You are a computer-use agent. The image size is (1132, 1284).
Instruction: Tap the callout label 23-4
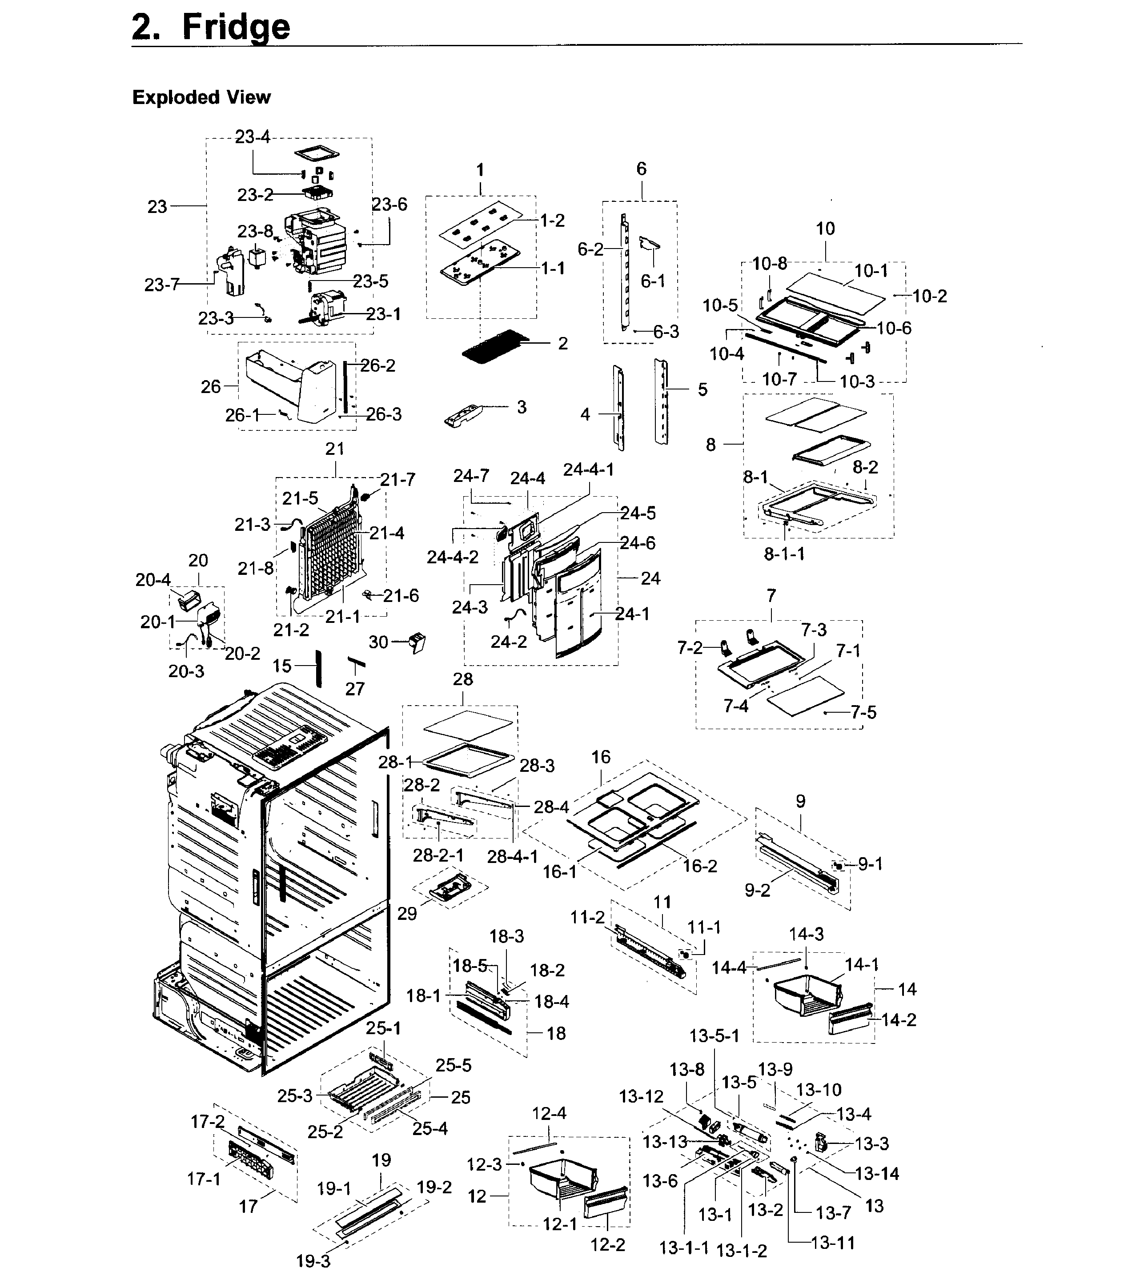point(253,137)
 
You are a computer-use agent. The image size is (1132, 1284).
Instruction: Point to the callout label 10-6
point(894,328)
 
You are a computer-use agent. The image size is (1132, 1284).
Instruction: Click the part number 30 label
point(378,642)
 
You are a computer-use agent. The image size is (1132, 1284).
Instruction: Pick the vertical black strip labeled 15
point(318,668)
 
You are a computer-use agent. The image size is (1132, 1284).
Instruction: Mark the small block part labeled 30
point(417,642)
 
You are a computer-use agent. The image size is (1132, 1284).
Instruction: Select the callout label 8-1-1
point(784,554)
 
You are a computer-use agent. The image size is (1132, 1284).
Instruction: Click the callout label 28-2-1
point(438,855)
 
